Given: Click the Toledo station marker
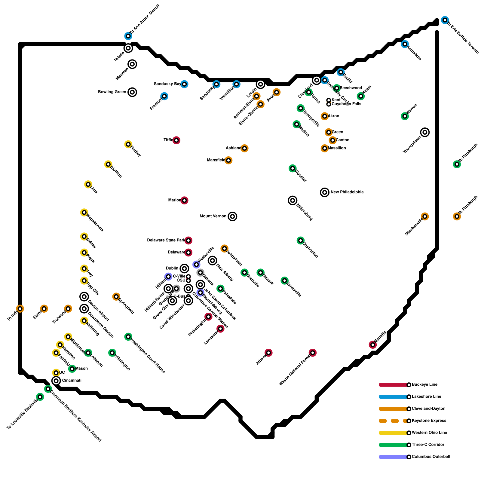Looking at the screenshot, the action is (128, 48).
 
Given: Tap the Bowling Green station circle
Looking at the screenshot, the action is (132, 92).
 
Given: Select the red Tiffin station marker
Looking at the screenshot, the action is (176, 140).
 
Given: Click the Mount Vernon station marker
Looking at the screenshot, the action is (232, 216).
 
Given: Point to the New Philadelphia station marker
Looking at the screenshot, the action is (325, 192).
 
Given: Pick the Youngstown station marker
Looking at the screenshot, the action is (425, 132).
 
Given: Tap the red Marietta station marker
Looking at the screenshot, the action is (373, 345).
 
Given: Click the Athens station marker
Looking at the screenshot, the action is (268, 353).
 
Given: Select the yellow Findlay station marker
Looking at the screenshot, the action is (128, 144).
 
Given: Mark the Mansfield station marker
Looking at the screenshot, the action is (228, 160).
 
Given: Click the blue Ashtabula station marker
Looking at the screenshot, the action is (405, 44).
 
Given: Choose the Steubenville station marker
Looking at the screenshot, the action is (425, 216).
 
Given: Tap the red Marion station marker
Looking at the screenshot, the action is (185, 200).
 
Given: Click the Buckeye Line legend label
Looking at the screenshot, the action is (424, 384).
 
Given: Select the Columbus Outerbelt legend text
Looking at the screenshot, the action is (431, 457).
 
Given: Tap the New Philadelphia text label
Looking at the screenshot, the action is (347, 192).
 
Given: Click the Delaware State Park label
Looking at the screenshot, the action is (166, 240).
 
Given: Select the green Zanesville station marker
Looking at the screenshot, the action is (284, 280).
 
